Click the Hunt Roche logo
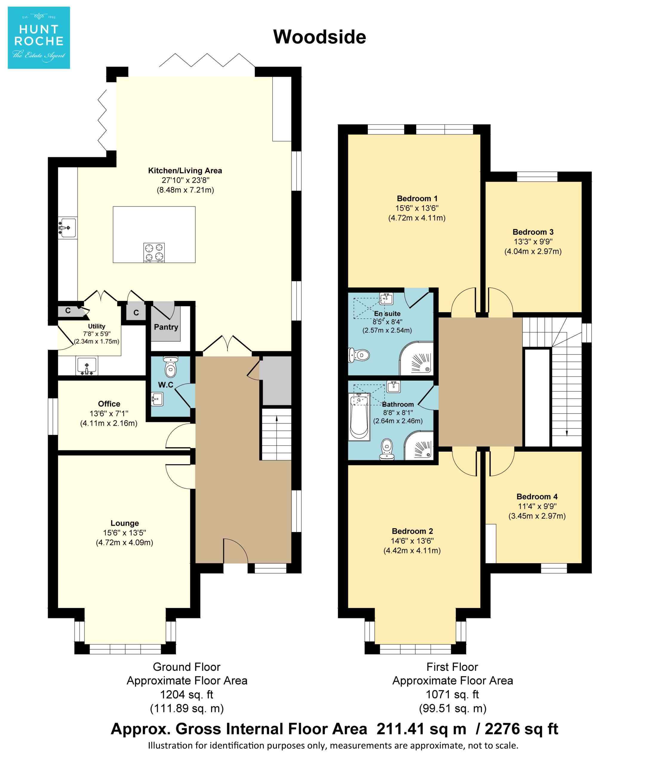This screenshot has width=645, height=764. (39, 38)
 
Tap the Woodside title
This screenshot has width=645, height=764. (320, 37)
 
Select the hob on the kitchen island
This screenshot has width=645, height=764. (154, 252)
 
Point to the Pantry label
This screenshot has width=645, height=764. (166, 327)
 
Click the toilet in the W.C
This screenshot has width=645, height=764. (171, 367)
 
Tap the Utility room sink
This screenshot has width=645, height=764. (87, 366)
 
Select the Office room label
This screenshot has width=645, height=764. (109, 404)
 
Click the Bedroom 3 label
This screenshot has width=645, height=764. (533, 232)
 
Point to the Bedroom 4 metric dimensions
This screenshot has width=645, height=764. (537, 516)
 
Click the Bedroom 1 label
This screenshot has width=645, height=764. (417, 198)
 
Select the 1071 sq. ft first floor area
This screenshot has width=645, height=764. (452, 694)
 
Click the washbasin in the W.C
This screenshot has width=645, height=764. (157, 399)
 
